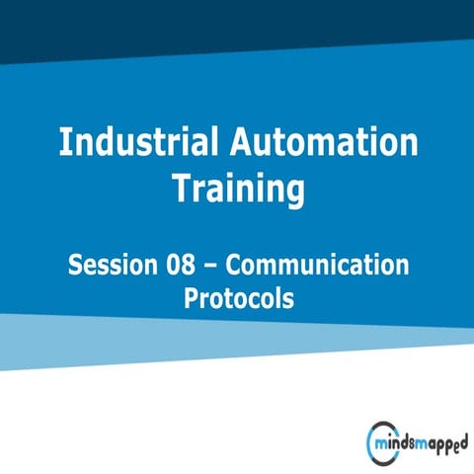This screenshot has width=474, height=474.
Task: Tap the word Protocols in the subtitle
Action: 239,298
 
